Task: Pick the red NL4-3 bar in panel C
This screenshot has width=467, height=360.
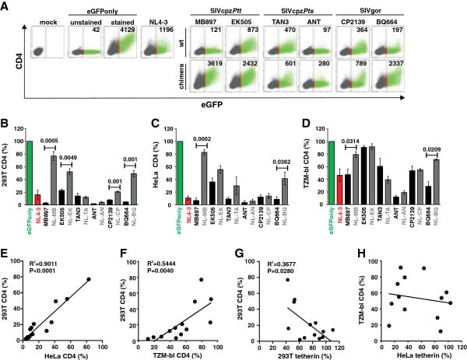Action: click(x=187, y=221)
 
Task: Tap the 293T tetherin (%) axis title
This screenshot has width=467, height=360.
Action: click(x=296, y=354)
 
